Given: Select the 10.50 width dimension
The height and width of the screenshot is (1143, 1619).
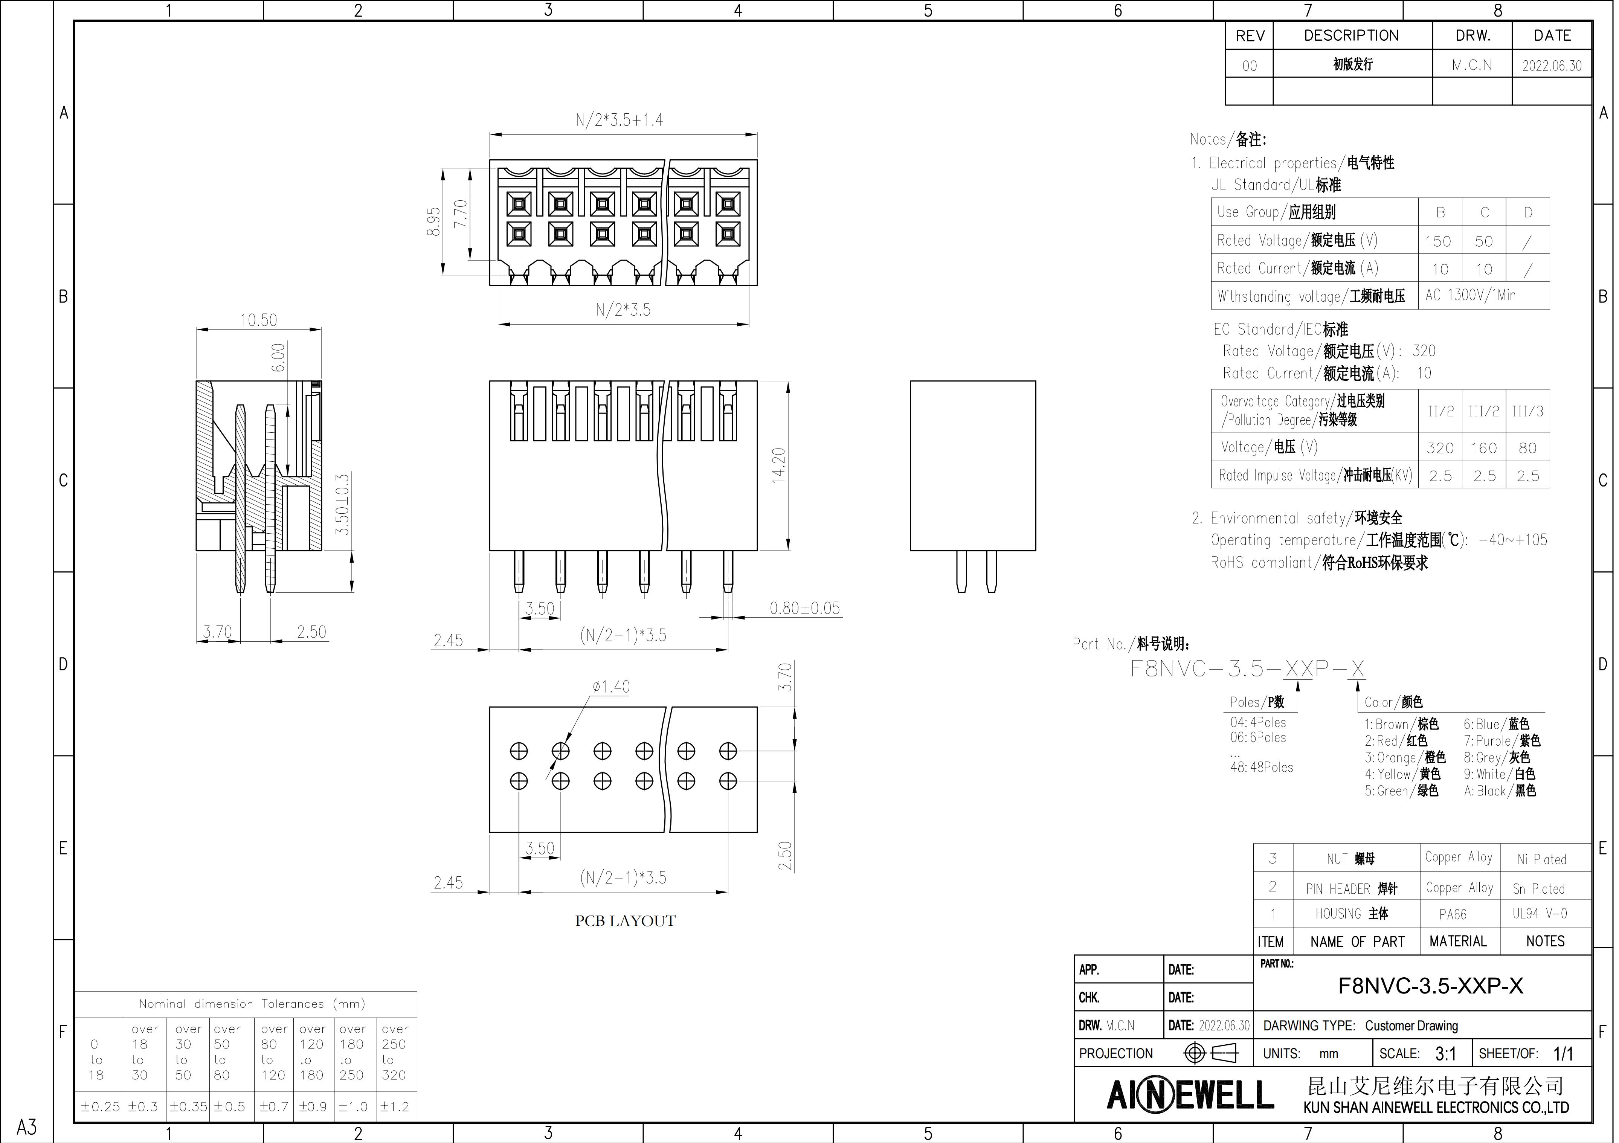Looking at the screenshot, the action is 258,320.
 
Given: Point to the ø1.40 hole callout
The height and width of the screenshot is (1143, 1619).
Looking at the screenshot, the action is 611,686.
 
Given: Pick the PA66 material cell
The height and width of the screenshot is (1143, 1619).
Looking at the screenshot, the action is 1453,914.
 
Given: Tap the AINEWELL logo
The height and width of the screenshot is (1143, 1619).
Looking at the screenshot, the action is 1190,1095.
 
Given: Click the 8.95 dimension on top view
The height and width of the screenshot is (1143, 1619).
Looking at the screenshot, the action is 433,221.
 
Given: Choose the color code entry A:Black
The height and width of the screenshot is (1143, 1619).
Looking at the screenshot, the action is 1500,790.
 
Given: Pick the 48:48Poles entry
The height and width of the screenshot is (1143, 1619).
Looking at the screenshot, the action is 1262,767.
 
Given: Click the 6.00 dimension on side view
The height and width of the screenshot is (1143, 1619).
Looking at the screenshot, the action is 279,357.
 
